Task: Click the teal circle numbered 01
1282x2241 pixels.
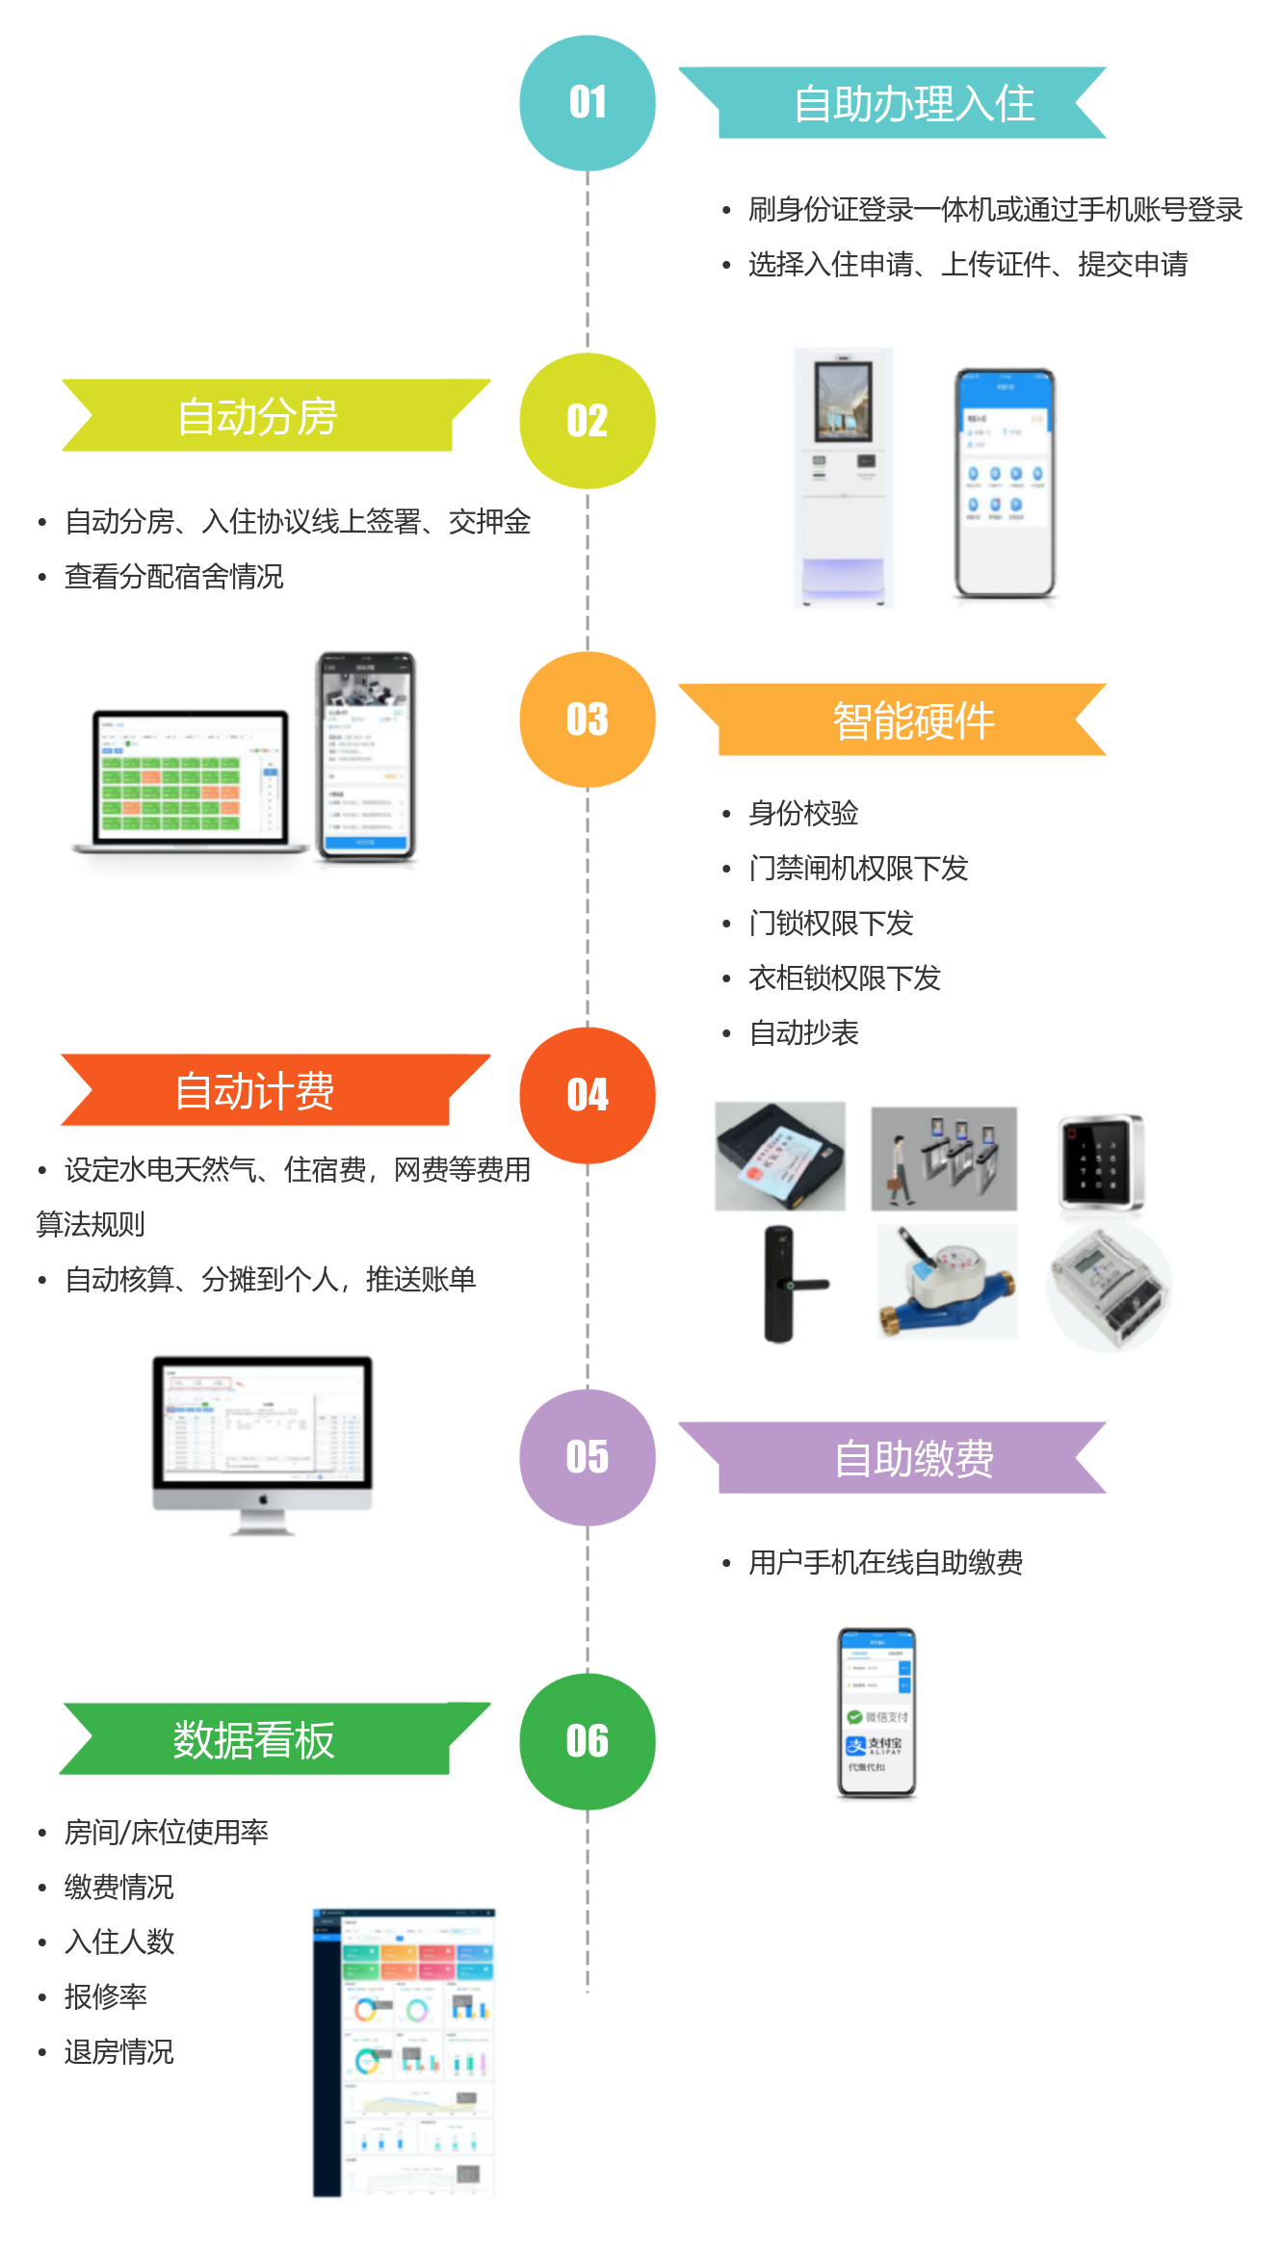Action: pyautogui.click(x=588, y=103)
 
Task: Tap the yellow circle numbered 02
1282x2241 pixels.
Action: pyautogui.click(x=588, y=421)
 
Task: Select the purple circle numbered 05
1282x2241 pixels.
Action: pyautogui.click(x=588, y=1457)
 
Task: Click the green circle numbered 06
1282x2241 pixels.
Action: pyautogui.click(x=588, y=1741)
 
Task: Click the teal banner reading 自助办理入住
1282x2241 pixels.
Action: pyautogui.click(x=913, y=103)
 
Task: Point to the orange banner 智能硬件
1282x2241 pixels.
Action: pyautogui.click(x=913, y=720)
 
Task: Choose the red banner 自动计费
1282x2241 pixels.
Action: pyautogui.click(x=255, y=1090)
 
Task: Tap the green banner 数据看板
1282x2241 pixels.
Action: pyautogui.click(x=255, y=1739)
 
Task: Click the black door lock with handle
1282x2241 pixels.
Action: pyautogui.click(x=786, y=1284)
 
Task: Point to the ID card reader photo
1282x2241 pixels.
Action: pyautogui.click(x=780, y=1156)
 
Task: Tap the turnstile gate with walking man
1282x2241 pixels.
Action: pyautogui.click(x=944, y=1159)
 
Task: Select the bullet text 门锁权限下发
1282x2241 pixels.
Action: pyautogui.click(x=830, y=924)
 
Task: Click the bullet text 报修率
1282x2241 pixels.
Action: pyautogui.click(x=105, y=1996)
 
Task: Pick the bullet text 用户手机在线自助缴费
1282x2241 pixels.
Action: pyautogui.click(x=885, y=1562)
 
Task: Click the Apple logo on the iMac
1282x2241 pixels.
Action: pyautogui.click(x=263, y=1499)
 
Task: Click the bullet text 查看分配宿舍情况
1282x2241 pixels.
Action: pyautogui.click(x=173, y=576)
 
